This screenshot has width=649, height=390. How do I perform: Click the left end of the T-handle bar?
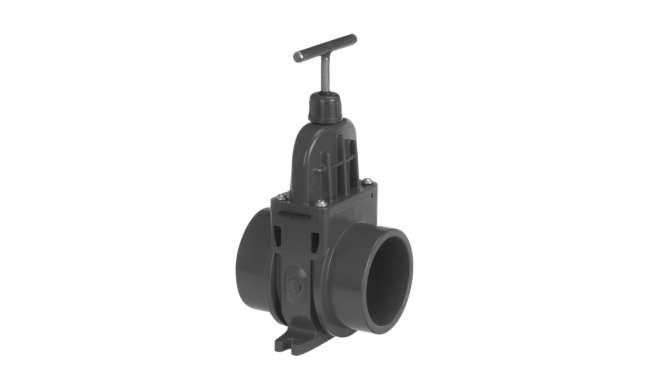[297, 57]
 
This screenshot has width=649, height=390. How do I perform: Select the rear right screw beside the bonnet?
[367, 181]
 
